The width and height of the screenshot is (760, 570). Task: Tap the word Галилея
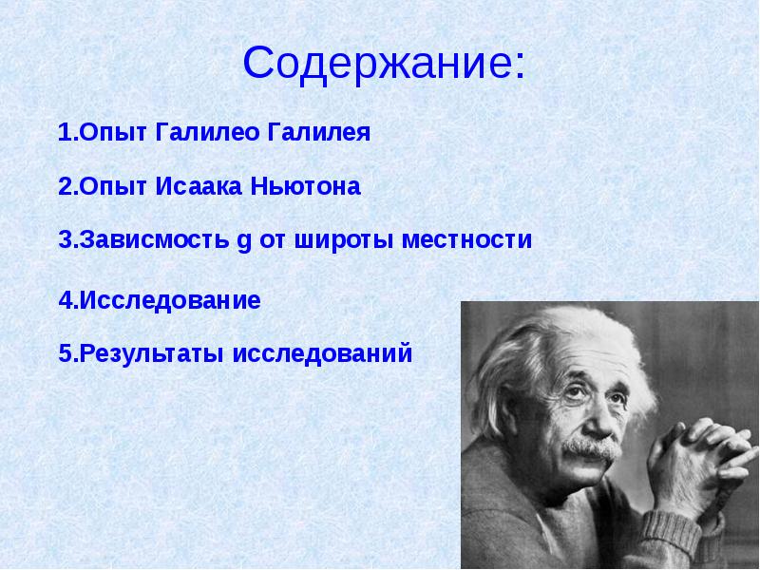[x=318, y=133]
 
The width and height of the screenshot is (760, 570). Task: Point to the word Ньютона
[x=305, y=186]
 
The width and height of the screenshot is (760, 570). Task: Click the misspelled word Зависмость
[x=154, y=239]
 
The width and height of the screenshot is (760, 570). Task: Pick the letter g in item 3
[x=245, y=242]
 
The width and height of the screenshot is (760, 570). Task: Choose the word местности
[x=466, y=239]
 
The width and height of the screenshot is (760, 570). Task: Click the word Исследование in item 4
[x=170, y=300]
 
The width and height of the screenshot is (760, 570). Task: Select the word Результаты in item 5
[x=151, y=353]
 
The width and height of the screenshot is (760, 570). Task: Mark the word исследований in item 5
[x=322, y=353]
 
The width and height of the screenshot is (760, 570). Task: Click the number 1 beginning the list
[x=65, y=133]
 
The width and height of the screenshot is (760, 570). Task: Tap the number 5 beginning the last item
[x=66, y=353]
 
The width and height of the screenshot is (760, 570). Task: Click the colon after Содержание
[x=520, y=66]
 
